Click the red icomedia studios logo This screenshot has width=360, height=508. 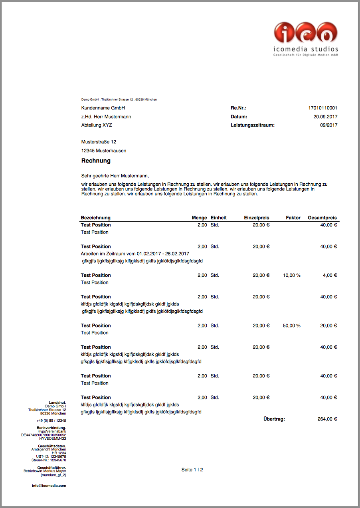tap(306, 33)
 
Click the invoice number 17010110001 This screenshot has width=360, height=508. tap(322, 108)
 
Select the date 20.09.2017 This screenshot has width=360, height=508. tap(325, 117)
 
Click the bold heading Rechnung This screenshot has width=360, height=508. tap(96, 161)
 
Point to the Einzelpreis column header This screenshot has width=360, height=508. tap(257, 218)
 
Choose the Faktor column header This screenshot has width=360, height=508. tap(293, 218)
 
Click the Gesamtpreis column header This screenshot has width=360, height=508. tap(322, 218)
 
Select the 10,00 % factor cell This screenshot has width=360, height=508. tap(291, 275)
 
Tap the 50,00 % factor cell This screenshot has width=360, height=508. tap(291, 325)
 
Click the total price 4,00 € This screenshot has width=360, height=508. tap(330, 275)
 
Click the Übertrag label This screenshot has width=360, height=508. tap(274, 419)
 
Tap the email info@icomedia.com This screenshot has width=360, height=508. tap(49, 486)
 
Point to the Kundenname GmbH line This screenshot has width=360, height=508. tap(103, 108)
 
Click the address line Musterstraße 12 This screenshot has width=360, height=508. tap(99, 142)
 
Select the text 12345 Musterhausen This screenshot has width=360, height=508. tap(104, 151)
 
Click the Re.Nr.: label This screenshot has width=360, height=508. tap(238, 108)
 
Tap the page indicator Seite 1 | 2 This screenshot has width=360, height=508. tap(192, 470)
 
